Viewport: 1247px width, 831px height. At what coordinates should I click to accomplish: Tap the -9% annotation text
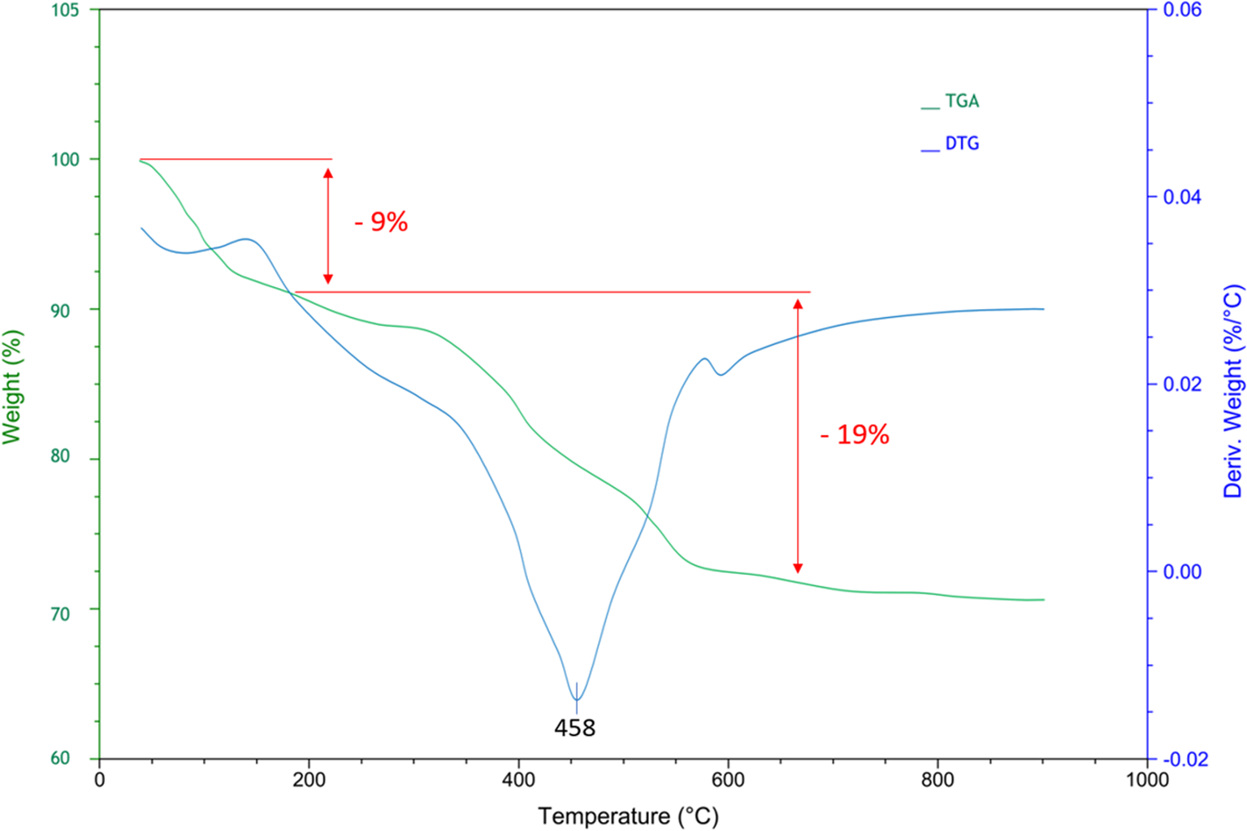point(381,222)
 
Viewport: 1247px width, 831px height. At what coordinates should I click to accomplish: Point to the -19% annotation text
point(855,435)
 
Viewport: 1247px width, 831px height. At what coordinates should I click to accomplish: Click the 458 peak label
point(574,728)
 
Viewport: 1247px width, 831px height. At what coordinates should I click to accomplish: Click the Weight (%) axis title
point(11,387)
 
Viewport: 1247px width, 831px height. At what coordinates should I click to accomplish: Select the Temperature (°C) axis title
point(628,816)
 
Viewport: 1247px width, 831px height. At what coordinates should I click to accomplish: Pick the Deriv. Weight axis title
point(1233,391)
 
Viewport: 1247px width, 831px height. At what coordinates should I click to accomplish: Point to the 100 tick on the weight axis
point(66,159)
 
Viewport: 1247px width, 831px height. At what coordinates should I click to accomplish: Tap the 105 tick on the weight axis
point(66,11)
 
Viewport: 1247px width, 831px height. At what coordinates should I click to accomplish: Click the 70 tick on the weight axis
point(60,614)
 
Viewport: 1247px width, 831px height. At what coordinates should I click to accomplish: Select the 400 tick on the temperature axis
point(518,781)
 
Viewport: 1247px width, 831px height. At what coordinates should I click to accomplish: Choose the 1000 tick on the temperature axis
point(1146,781)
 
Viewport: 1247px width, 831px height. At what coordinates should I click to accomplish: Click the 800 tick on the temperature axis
point(937,781)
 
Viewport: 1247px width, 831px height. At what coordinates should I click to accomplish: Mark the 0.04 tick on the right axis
point(1182,198)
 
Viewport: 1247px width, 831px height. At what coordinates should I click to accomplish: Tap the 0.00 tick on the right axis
point(1182,572)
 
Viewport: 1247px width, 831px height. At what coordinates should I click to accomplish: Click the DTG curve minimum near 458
point(577,699)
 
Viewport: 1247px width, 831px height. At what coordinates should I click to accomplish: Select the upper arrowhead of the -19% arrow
point(798,303)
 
